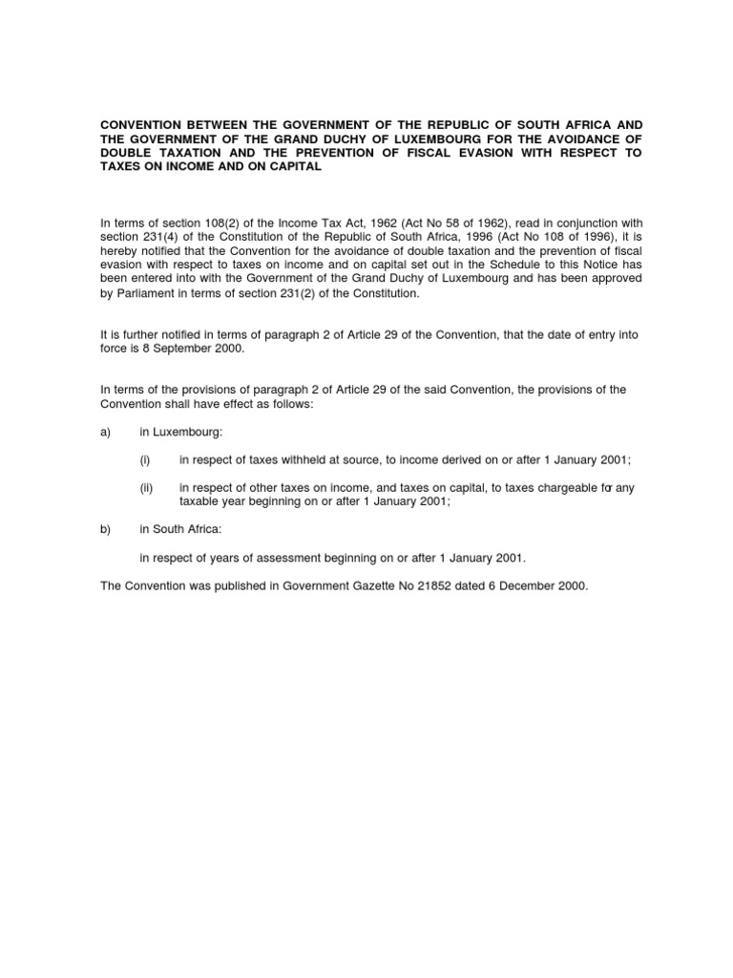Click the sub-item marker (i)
145,460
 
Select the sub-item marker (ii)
146,488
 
